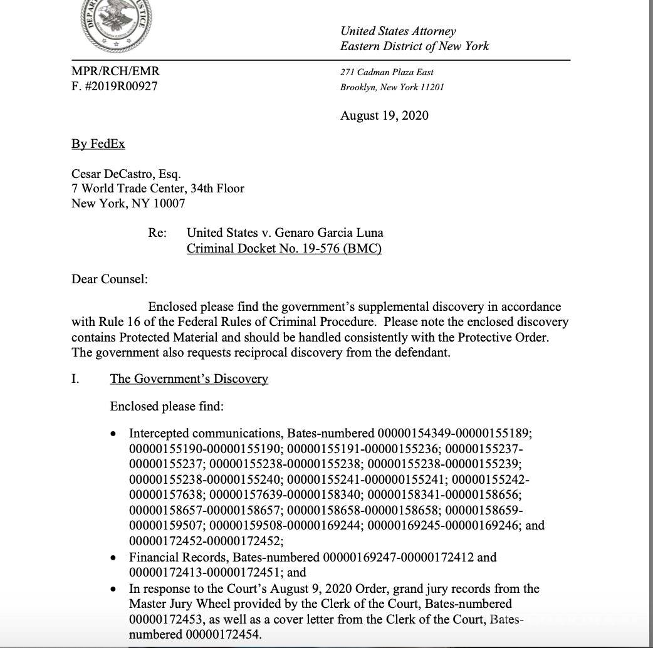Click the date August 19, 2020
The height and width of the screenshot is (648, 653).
[x=384, y=115]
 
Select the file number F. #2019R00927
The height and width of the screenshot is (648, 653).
[x=115, y=86]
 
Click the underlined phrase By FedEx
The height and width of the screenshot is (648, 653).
[x=98, y=144]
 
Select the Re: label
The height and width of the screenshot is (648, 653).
[x=157, y=233]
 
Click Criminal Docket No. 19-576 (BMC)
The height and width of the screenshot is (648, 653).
[x=284, y=248]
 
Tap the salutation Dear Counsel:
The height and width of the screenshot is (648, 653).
[x=110, y=279]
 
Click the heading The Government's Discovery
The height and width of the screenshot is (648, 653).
[x=189, y=379]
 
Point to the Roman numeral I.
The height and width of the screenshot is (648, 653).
[x=75, y=379]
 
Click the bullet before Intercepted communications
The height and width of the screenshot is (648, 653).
[x=113, y=434]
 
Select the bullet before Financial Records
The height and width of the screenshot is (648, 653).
[x=113, y=558]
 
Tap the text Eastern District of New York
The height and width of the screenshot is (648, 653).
[x=414, y=46]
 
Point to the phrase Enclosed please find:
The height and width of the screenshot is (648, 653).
[x=167, y=406]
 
